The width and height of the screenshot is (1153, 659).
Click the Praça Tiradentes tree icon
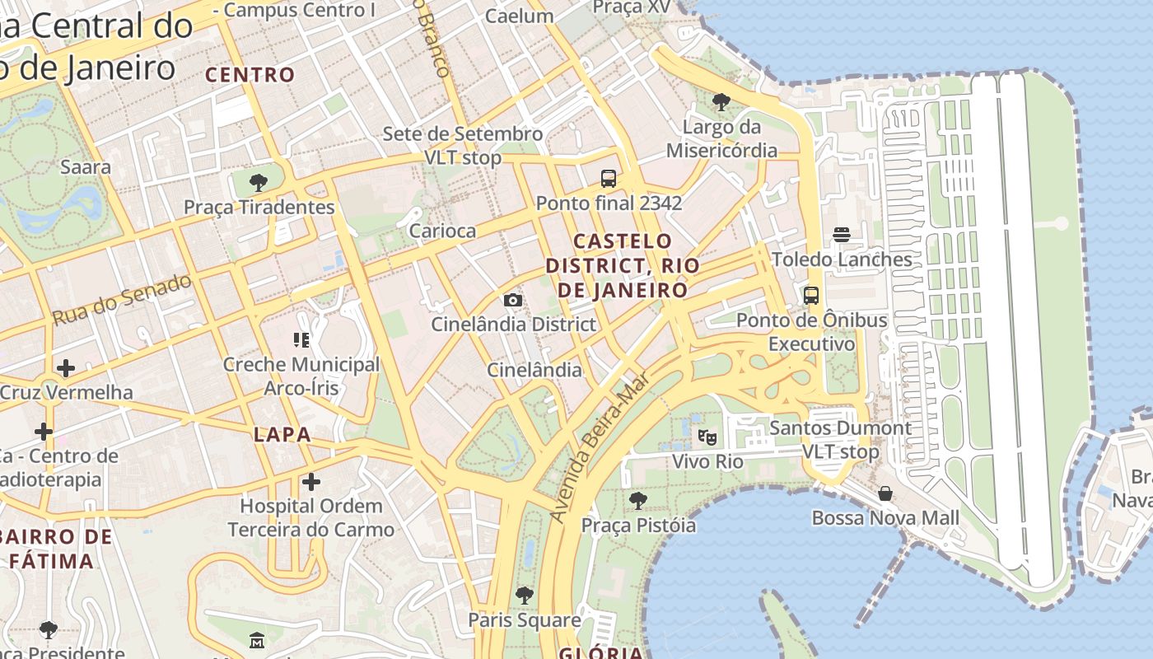259,182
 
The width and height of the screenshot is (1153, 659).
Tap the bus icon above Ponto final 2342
609,178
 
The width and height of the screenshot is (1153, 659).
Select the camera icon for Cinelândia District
512,300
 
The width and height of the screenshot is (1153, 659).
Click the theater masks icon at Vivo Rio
707,437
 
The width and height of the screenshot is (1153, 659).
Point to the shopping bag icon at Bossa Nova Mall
885,493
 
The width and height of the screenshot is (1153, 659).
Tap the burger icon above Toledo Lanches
841,235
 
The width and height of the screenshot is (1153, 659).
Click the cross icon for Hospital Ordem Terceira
311,481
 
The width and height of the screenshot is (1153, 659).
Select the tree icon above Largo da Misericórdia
721,102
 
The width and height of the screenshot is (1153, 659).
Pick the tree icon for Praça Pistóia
638,500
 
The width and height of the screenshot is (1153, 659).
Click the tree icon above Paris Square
525,595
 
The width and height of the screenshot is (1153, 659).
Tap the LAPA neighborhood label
282,435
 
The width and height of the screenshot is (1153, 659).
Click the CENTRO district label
250,75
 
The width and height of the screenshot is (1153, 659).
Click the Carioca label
442,231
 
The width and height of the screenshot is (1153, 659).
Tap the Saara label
86,167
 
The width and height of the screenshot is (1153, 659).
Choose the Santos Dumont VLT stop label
840,440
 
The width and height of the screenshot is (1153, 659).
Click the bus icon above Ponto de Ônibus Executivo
811,295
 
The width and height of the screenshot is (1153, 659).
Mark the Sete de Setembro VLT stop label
462,145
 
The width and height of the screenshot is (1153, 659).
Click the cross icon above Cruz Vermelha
66,367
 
